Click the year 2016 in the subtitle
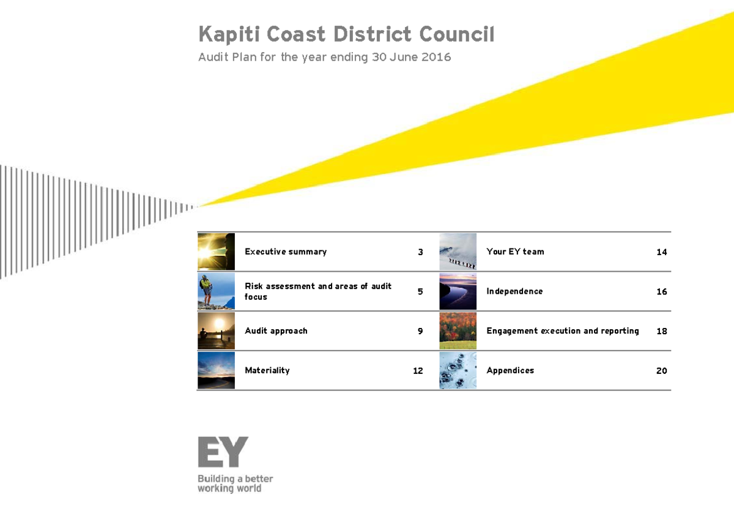(x=436, y=58)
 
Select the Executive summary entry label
(x=286, y=252)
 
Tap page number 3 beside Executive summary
(x=420, y=252)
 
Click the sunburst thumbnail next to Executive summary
(x=216, y=252)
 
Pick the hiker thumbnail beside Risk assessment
(x=216, y=291)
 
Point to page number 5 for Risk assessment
(x=420, y=292)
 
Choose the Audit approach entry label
(x=276, y=331)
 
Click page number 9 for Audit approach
(x=420, y=331)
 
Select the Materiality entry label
(x=267, y=370)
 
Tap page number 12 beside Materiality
(x=418, y=371)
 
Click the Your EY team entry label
(x=515, y=252)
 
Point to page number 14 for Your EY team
(x=661, y=252)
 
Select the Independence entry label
(x=514, y=291)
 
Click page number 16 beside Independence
(x=661, y=292)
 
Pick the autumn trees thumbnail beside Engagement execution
(x=458, y=331)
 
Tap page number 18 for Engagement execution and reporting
(x=661, y=331)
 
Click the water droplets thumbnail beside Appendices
(x=458, y=370)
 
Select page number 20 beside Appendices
(x=661, y=371)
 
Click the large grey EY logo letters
(x=223, y=452)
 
